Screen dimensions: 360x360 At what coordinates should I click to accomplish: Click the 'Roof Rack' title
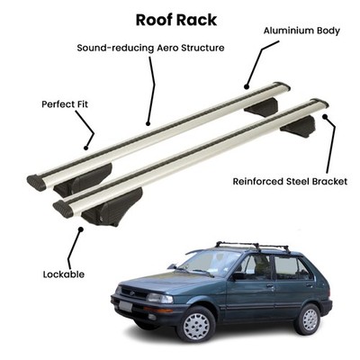[176, 20]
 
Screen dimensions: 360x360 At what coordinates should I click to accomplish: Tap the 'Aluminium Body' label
[301, 31]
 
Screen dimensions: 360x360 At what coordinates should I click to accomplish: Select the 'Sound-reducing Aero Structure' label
[150, 48]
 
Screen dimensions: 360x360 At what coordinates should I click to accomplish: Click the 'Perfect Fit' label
[65, 104]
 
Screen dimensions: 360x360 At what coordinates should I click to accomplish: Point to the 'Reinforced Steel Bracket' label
[290, 182]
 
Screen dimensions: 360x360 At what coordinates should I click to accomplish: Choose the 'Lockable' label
[64, 274]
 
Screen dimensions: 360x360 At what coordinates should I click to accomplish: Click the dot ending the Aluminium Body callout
[247, 87]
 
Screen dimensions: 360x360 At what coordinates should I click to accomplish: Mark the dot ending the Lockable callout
[80, 229]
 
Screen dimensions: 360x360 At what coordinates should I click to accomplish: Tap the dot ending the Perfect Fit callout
[85, 148]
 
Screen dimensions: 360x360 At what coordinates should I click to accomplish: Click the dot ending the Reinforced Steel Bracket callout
[325, 116]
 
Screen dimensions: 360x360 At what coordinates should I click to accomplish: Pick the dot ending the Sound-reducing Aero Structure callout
[148, 123]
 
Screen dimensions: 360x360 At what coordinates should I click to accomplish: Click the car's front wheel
[196, 324]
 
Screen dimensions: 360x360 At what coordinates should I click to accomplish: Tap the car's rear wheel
[307, 319]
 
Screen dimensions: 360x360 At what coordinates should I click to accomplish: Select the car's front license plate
[125, 306]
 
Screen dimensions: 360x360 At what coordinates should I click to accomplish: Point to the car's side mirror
[238, 275]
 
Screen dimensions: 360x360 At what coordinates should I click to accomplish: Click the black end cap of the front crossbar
[63, 209]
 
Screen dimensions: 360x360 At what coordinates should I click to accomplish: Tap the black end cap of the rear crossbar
[36, 183]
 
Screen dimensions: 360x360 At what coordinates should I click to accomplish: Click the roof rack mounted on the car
[253, 247]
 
